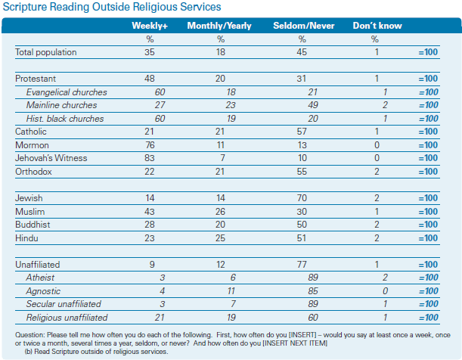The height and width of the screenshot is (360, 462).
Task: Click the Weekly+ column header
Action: [150, 26]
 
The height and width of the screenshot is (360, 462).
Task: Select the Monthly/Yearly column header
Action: [219, 26]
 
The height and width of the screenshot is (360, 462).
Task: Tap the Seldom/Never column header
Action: [304, 26]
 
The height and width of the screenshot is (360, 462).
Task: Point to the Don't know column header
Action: [377, 26]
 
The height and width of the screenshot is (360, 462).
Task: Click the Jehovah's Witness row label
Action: [51, 158]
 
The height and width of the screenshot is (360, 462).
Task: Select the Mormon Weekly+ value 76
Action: [150, 145]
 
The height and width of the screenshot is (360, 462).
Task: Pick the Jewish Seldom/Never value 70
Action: [302, 198]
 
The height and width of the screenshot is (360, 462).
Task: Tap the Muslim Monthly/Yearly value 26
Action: [220, 212]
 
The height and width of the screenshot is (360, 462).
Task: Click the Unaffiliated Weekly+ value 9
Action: [152, 265]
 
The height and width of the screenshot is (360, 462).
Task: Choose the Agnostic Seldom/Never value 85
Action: [313, 291]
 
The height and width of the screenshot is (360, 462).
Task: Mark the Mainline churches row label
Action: [61, 105]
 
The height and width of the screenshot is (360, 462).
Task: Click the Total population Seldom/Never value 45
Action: [302, 52]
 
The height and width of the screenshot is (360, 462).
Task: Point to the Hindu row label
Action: [26, 238]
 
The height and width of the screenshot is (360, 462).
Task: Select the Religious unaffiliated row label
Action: [67, 318]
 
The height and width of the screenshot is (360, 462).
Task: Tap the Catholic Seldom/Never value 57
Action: [302, 132]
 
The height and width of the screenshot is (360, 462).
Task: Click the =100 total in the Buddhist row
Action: [428, 225]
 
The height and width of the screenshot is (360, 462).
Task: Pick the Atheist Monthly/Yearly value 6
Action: [233, 278]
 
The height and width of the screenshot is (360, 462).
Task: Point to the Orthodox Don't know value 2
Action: [377, 172]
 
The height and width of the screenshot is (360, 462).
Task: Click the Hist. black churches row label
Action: [65, 119]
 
